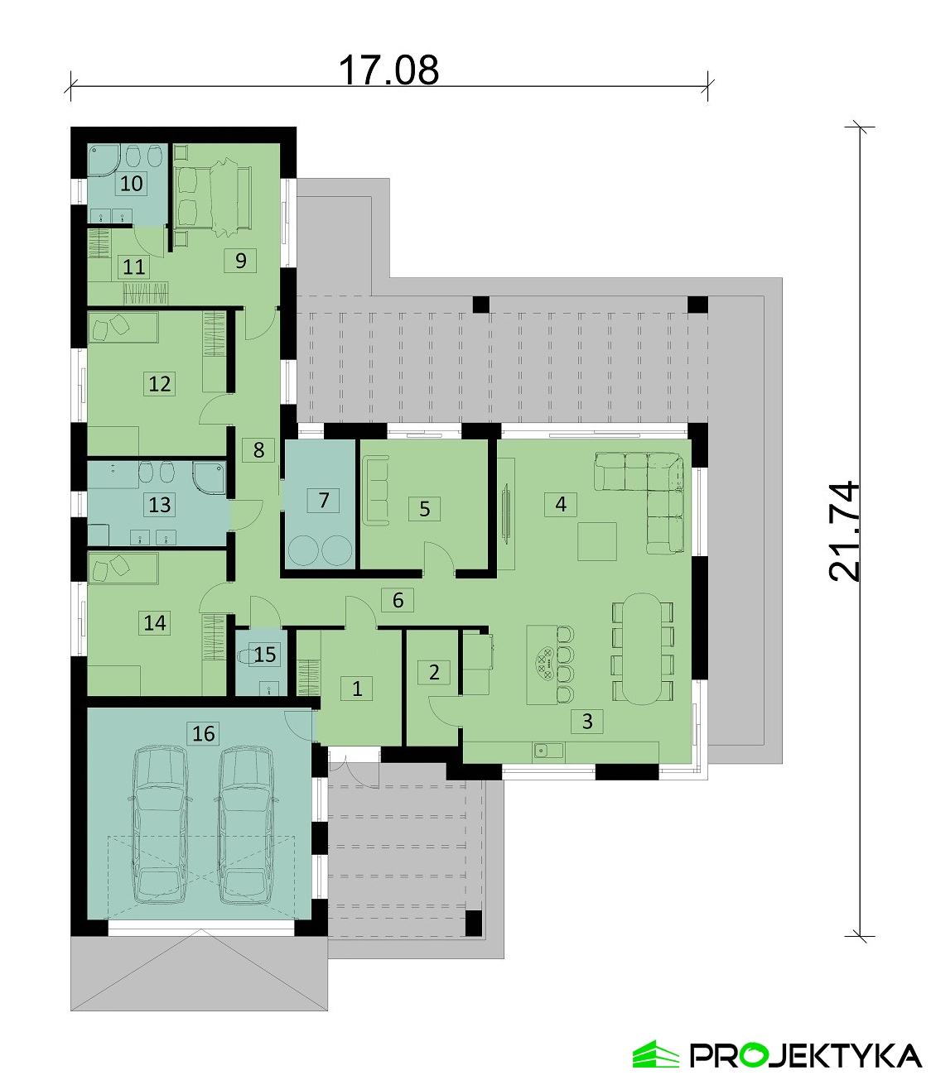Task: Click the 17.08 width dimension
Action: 388,70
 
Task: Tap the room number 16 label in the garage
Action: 203,732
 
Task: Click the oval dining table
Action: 643,647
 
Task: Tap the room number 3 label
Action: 587,721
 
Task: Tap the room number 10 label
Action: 132,183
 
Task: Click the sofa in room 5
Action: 375,492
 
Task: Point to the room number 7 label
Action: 324,501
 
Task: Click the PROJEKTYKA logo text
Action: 804,1055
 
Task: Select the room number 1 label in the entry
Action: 357,688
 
